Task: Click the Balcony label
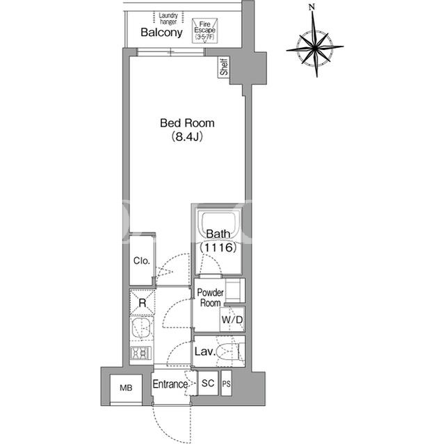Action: point(161,33)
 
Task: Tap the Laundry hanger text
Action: point(168,19)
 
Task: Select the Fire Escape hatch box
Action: point(204,31)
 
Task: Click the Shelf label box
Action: point(224,67)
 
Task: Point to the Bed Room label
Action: point(187,123)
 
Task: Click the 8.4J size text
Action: point(187,137)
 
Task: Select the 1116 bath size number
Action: point(218,247)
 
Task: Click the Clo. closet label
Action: point(141,261)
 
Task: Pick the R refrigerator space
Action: point(142,302)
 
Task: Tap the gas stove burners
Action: point(140,353)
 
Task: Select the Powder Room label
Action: point(210,297)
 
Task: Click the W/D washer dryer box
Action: point(232,320)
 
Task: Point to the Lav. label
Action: point(204,352)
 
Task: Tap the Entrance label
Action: point(170,384)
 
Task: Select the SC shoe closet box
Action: point(208,384)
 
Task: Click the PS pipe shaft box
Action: point(226,384)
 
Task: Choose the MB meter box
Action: point(126,388)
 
